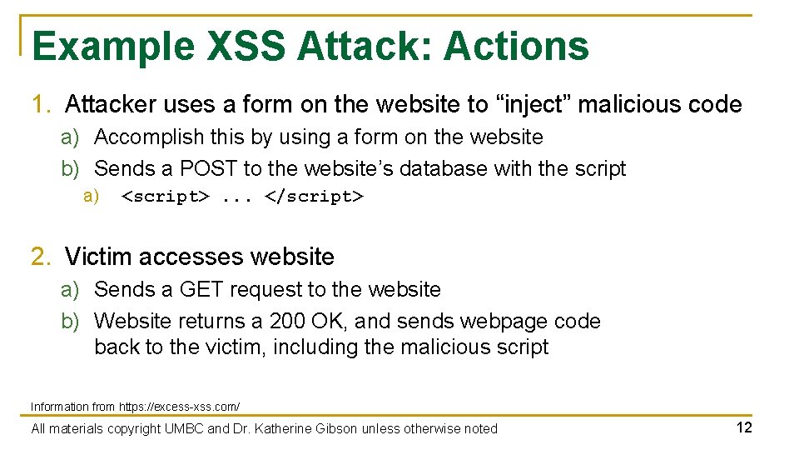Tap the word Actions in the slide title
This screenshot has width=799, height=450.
[x=516, y=47]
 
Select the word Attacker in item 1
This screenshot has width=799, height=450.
[x=111, y=105]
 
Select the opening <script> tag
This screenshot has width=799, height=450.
[x=165, y=197]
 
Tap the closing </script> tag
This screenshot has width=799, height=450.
[x=314, y=197]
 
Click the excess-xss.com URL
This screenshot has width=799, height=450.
[x=179, y=407]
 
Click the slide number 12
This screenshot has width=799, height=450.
[x=743, y=428]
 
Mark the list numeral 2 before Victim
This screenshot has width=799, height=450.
[x=38, y=257]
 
